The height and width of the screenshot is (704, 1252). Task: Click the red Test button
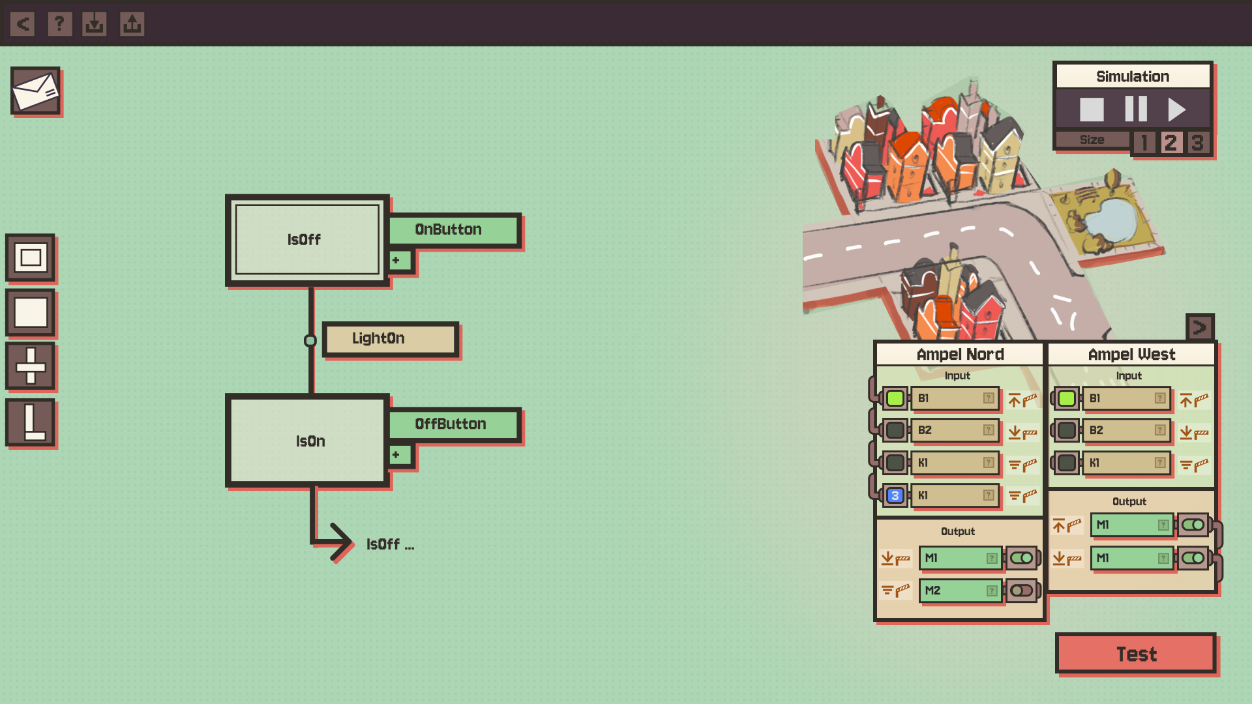tap(1135, 653)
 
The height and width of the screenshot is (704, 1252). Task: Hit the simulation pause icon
tap(1135, 109)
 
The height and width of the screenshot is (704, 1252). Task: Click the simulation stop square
tap(1092, 110)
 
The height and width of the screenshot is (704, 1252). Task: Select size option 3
tap(1197, 142)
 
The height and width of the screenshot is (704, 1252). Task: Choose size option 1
tap(1144, 142)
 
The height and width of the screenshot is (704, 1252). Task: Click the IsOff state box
tap(306, 240)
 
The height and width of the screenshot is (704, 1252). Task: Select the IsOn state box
tap(308, 441)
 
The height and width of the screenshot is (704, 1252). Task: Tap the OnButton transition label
tap(454, 229)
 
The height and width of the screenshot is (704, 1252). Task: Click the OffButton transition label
tap(454, 424)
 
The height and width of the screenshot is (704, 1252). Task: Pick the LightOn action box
tap(390, 338)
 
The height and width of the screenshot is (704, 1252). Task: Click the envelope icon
tap(35, 91)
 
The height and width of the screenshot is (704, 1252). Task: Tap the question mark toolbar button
tap(59, 24)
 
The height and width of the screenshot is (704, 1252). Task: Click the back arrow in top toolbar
tap(23, 24)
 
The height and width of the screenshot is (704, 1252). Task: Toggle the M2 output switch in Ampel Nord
tap(1021, 591)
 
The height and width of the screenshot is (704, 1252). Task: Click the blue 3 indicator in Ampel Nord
tap(895, 495)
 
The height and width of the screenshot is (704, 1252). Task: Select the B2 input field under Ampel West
tap(1125, 430)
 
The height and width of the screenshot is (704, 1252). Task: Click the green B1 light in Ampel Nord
tap(895, 398)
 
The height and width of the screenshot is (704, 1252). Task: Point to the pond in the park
tap(1111, 219)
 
